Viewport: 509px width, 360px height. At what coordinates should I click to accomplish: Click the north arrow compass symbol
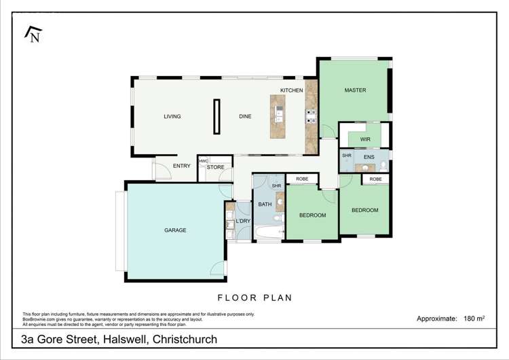click(32, 34)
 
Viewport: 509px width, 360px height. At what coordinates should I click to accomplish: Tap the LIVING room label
click(172, 116)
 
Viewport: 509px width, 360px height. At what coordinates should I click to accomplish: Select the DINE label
click(245, 116)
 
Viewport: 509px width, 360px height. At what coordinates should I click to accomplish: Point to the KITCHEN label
click(292, 90)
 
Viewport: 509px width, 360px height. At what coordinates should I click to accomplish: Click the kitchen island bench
click(278, 117)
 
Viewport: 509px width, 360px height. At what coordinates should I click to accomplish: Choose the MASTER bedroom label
click(355, 90)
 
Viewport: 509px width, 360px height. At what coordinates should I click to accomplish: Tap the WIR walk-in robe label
click(364, 139)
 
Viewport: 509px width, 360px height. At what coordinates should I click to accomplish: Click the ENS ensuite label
click(369, 157)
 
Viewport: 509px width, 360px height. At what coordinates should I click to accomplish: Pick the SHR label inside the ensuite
click(346, 156)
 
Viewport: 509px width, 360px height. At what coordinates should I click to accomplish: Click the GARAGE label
click(175, 230)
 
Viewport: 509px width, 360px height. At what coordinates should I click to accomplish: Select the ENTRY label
click(182, 166)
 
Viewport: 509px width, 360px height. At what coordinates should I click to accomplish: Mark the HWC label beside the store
click(204, 161)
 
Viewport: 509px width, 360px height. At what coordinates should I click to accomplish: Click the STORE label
click(216, 167)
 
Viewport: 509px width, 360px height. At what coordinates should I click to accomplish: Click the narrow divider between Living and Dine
click(217, 117)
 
